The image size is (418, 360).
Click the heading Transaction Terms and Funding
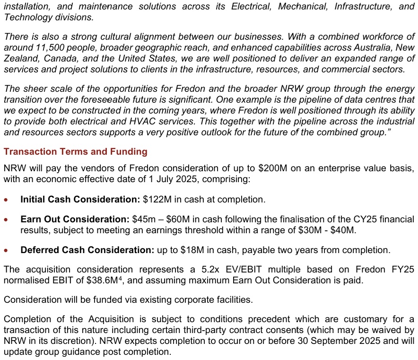pyautogui.click(x=75, y=152)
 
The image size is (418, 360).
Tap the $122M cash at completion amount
pyautogui.click(x=154, y=200)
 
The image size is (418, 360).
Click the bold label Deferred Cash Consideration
pyautogui.click(x=87, y=250)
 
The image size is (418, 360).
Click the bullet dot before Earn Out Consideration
pyautogui.click(x=6, y=220)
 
